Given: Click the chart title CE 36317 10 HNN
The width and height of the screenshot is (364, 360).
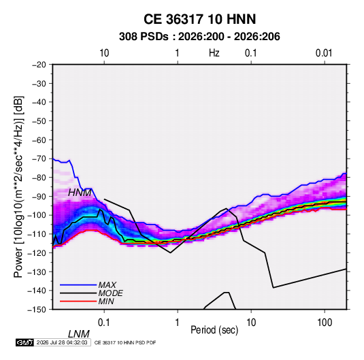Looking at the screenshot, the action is (x=199, y=19).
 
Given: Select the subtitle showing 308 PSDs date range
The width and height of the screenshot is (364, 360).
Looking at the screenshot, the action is (x=199, y=37).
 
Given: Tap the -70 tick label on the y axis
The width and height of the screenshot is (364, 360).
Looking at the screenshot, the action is (x=39, y=159).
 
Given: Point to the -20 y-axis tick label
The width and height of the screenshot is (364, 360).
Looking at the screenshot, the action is (x=39, y=65).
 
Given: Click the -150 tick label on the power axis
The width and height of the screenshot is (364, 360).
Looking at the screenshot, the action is (x=37, y=310).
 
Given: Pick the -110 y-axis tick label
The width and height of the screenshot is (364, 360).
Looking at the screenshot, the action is (x=37, y=234).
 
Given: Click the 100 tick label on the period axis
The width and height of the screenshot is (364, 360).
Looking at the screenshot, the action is (x=325, y=323).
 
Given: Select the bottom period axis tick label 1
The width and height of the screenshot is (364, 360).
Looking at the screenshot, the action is (x=178, y=323).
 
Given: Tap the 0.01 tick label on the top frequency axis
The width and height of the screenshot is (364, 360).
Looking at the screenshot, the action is (x=324, y=53).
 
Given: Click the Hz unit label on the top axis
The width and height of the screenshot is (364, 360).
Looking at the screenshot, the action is (x=214, y=53).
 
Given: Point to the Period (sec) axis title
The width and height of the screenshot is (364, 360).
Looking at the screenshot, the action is (x=214, y=330).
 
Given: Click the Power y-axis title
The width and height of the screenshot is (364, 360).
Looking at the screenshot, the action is (x=18, y=186).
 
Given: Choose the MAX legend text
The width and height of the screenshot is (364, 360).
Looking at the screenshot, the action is (x=107, y=284).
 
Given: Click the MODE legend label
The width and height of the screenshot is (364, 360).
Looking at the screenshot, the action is (x=110, y=293).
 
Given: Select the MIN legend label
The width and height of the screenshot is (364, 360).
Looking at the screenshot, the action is (x=106, y=301).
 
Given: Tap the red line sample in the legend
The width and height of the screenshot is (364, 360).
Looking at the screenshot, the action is (x=78, y=301).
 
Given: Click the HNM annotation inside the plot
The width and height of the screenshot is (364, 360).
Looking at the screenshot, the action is (x=80, y=193).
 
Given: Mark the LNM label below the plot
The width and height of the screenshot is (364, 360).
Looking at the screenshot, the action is (x=79, y=334).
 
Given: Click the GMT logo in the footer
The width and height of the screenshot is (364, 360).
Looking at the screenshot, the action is (x=25, y=342).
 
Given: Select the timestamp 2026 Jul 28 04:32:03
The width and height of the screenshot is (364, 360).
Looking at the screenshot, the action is (x=62, y=342).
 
